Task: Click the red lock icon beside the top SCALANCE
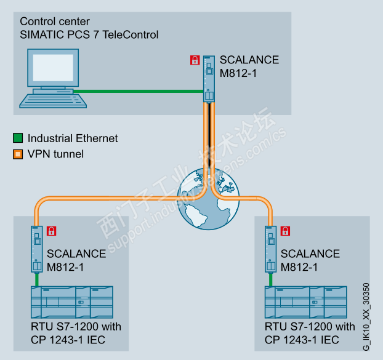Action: click(x=195, y=60)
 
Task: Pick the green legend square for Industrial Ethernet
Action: click(x=18, y=138)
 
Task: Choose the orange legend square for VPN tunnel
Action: click(x=18, y=154)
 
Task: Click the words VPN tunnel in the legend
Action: click(x=56, y=154)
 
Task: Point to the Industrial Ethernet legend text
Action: click(x=73, y=138)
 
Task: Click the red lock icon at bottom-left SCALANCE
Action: click(x=52, y=231)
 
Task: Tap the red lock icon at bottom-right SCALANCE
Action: click(x=285, y=231)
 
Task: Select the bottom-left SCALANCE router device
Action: click(x=38, y=249)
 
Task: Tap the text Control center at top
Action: click(x=54, y=22)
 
